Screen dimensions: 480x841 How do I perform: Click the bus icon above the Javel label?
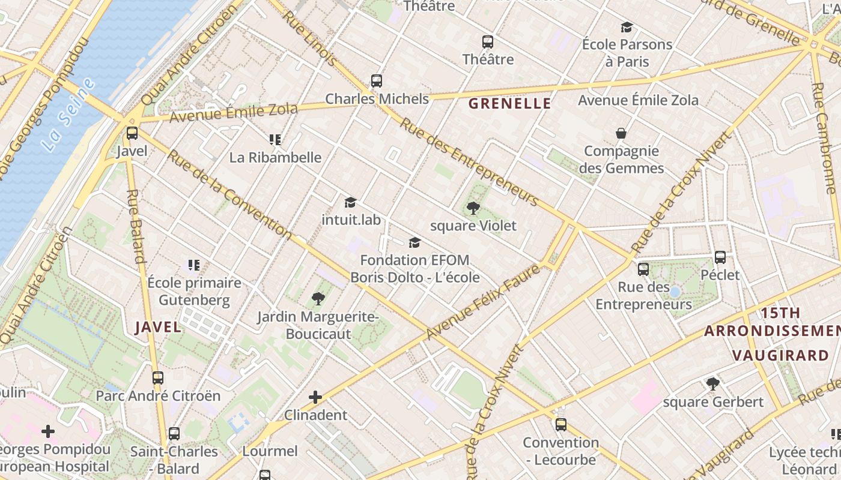point(132,133)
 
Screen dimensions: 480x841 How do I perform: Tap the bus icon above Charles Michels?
point(377,80)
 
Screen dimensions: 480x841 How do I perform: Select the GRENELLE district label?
point(509,103)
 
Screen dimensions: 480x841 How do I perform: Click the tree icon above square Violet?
point(473,208)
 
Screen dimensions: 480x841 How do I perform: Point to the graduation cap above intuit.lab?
point(350,202)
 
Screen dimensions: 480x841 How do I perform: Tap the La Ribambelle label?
point(275,157)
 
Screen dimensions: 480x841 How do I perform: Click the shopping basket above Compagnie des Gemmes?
point(621,133)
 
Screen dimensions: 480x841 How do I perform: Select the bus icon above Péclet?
point(720,257)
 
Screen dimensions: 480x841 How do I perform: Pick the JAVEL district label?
point(158,327)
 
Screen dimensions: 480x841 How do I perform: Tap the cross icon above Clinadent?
point(315,397)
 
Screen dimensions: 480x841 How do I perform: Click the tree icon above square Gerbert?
point(713,383)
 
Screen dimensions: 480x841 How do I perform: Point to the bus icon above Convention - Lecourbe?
point(560,425)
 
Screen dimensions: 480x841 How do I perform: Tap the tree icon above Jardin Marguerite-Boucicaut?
point(318,298)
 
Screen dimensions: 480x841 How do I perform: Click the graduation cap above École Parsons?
point(627,27)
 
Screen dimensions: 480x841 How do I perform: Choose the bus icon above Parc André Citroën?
point(158,378)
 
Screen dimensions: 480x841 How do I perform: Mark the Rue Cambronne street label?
point(823,138)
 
